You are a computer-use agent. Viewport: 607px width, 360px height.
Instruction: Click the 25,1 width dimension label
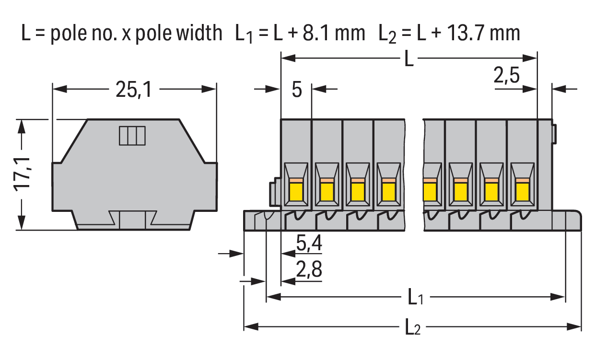point(133,89)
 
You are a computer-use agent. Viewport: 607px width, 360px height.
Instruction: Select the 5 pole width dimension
point(297,90)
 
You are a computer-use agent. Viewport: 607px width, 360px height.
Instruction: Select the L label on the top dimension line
point(409,59)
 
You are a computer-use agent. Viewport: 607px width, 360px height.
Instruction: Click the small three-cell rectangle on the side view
point(132,136)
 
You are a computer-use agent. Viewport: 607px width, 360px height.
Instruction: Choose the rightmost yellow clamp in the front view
point(522,191)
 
